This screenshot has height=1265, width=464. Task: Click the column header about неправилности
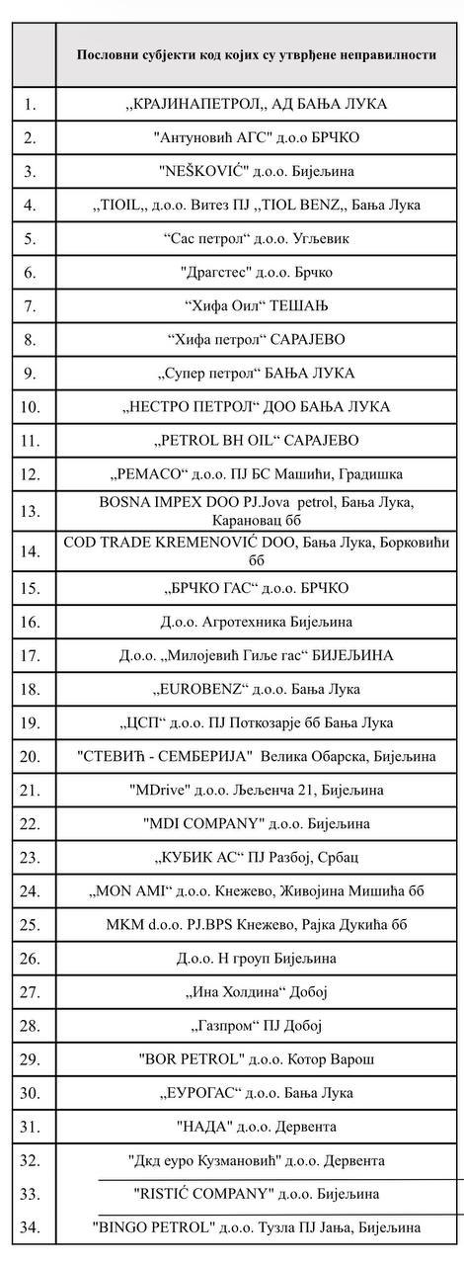257,55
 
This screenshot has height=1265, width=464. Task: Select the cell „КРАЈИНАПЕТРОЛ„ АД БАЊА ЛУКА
257,104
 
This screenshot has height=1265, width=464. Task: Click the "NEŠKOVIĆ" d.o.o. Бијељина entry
257,171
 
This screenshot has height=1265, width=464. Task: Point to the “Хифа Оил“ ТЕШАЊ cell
257,305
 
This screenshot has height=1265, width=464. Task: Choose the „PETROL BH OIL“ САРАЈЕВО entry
257,440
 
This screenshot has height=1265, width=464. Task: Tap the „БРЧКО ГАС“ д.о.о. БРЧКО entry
257,588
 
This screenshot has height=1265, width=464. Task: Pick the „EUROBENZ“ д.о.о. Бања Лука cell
257,689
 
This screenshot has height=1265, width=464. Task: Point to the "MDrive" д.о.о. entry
257,790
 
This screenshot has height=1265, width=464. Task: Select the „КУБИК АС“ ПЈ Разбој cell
257,857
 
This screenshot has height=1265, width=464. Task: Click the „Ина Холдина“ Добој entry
257,991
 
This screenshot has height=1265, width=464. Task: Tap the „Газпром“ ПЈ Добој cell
257,1025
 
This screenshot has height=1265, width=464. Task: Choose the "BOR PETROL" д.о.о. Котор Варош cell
257,1058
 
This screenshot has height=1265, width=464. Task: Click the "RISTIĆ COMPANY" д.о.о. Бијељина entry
257,1194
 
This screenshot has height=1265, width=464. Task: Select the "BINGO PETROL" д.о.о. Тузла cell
257,1227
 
